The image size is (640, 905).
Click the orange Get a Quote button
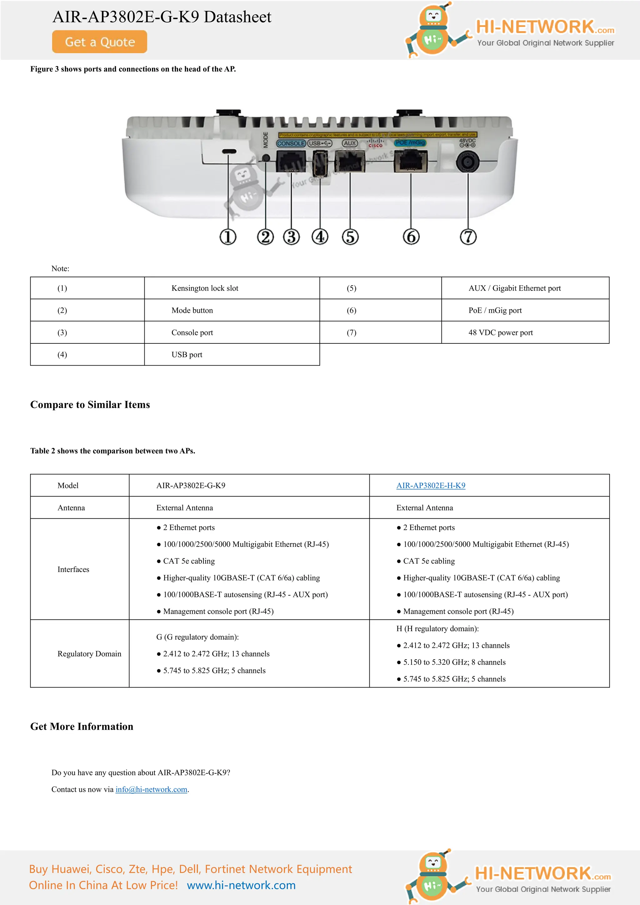click(x=99, y=42)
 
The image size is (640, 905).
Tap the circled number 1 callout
click(x=228, y=237)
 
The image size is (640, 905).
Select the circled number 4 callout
click(x=320, y=237)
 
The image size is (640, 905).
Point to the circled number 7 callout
click(x=468, y=237)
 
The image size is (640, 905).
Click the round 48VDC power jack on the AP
click(x=468, y=162)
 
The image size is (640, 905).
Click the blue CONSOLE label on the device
click(x=291, y=143)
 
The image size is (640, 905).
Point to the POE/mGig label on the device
click(x=410, y=143)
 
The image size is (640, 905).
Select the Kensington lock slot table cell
click(x=205, y=288)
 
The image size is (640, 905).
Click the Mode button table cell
click(x=192, y=310)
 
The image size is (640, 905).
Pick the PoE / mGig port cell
click(x=495, y=310)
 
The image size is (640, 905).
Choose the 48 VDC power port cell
click(x=501, y=332)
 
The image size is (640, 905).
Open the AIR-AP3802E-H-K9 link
click(x=431, y=486)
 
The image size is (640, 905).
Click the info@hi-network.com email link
click(x=151, y=789)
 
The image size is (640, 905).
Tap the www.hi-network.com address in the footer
click(x=241, y=885)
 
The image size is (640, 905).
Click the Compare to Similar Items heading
click(x=90, y=405)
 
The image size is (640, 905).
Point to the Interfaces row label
click(x=73, y=569)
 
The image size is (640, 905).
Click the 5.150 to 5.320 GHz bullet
click(x=454, y=662)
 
